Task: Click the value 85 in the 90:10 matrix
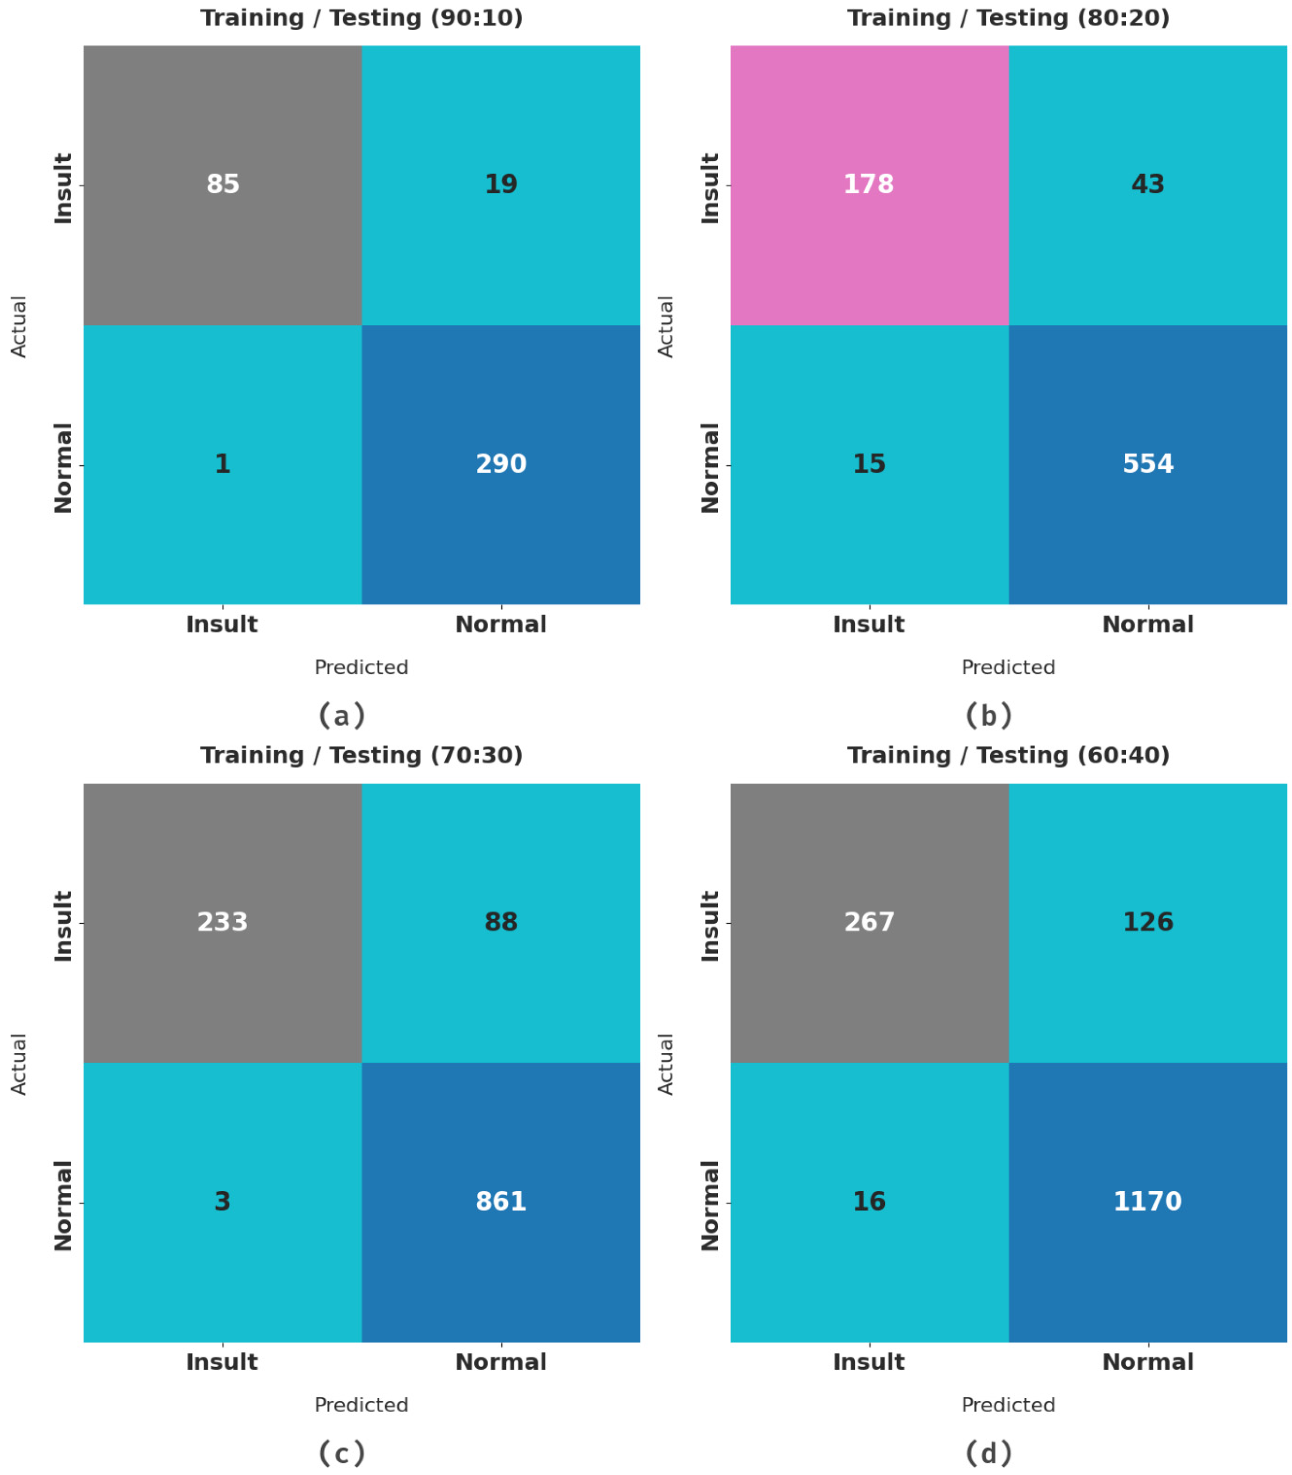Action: point(223,185)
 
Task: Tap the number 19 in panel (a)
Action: point(501,185)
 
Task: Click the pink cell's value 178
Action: point(869,185)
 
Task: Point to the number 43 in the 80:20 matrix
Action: point(1148,185)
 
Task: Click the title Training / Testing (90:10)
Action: point(361,18)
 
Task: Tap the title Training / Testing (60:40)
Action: point(1008,755)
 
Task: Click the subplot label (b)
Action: point(989,715)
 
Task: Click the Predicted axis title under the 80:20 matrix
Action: point(1008,667)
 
